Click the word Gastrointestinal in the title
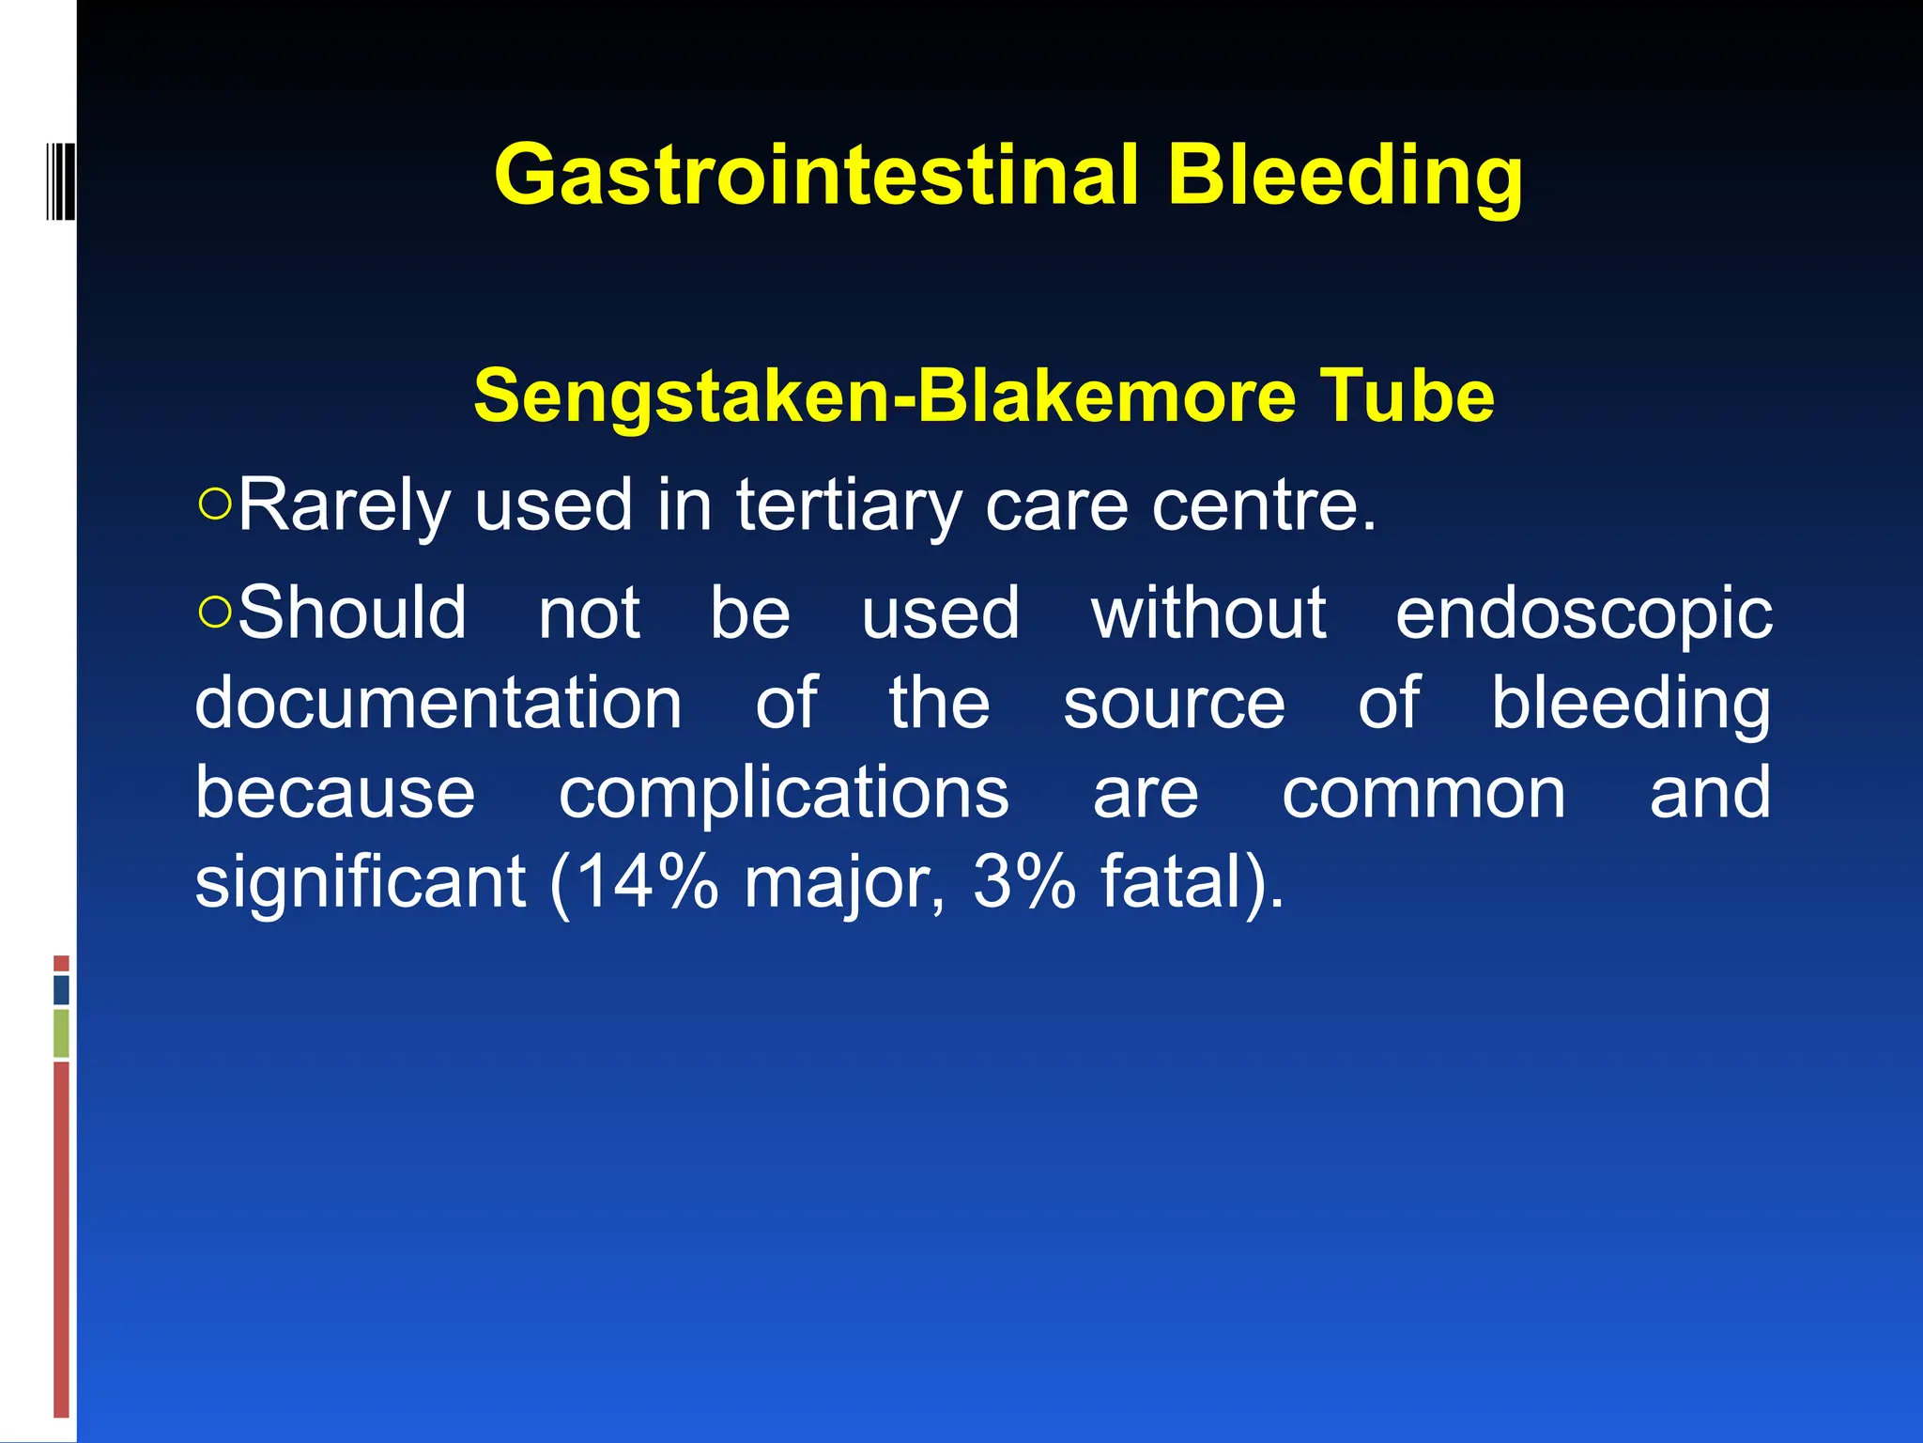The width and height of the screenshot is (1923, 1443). [816, 176]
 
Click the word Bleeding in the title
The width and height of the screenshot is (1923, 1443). [1345, 176]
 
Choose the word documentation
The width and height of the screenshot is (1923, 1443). [438, 703]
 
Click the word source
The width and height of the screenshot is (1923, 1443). [1174, 705]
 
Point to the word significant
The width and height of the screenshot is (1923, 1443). [361, 883]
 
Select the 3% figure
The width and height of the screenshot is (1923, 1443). [1024, 883]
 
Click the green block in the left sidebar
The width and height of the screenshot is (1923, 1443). [61, 1033]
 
